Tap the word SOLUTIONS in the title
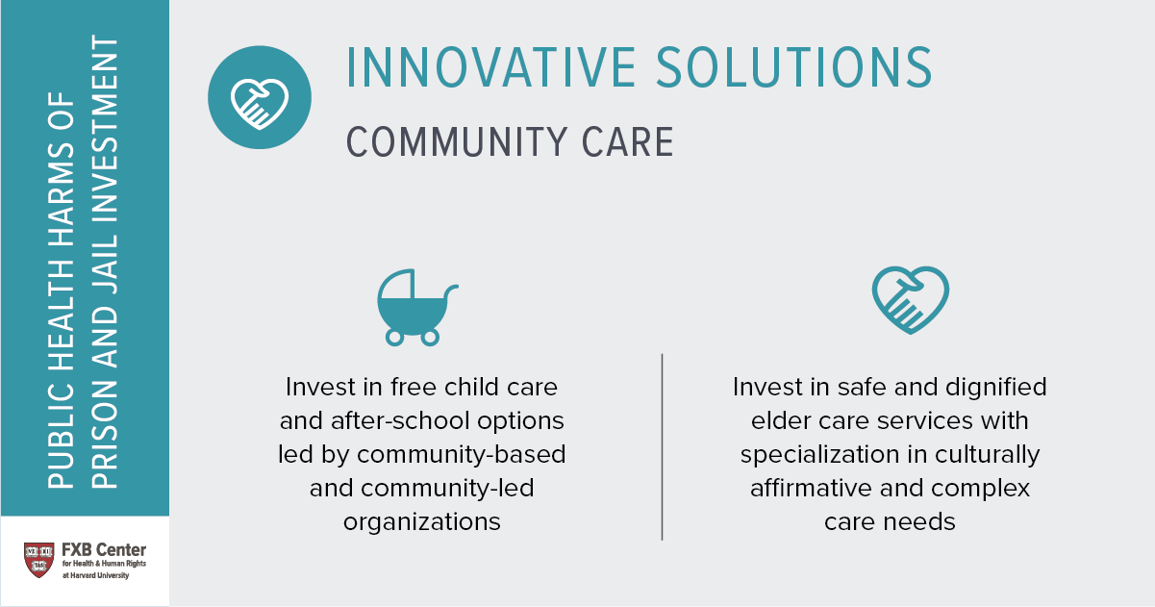pyautogui.click(x=794, y=68)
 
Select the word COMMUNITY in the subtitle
pyautogui.click(x=457, y=141)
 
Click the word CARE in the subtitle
pyautogui.click(x=628, y=141)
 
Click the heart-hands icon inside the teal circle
pyautogui.click(x=260, y=104)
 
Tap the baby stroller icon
pyautogui.click(x=416, y=308)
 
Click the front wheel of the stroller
pyautogui.click(x=395, y=338)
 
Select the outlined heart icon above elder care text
pyautogui.click(x=911, y=300)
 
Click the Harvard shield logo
pyautogui.click(x=38, y=560)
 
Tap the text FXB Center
pyautogui.click(x=104, y=549)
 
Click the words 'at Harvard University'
pyautogui.click(x=96, y=575)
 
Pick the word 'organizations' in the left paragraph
pyautogui.click(x=422, y=522)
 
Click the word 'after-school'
pyautogui.click(x=400, y=420)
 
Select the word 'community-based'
pyautogui.click(x=461, y=455)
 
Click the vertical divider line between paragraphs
pyautogui.click(x=662, y=446)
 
